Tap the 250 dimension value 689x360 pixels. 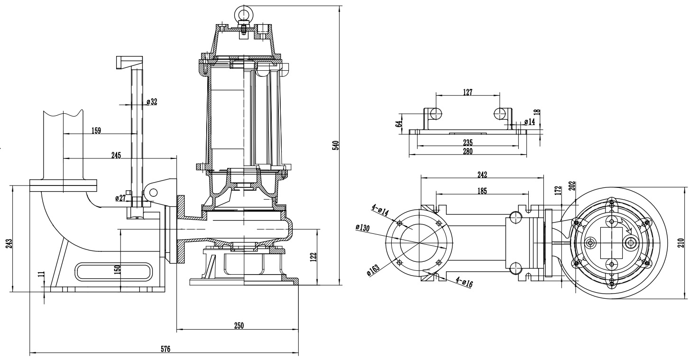(239, 325)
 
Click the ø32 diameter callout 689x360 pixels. (152, 102)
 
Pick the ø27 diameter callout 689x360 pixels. (120, 198)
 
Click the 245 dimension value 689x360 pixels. (116, 155)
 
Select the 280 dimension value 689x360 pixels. (468, 151)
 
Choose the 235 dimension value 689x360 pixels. (468, 142)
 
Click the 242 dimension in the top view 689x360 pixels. (482, 174)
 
